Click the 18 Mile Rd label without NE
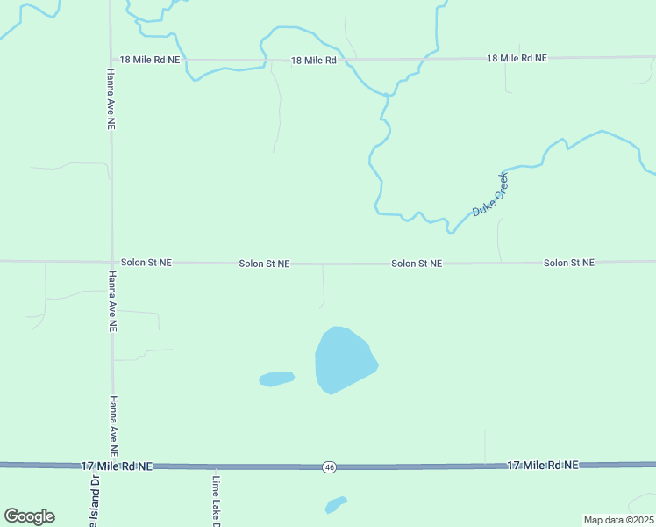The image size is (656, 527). click(314, 61)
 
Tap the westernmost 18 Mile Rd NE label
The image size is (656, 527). click(151, 60)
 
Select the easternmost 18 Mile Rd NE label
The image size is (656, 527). click(517, 58)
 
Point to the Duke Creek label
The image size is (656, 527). click(490, 195)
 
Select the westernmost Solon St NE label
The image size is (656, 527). click(146, 263)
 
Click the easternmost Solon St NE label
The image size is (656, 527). click(568, 263)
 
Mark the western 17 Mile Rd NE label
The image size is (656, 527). click(117, 466)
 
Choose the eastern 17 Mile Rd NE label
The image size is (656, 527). click(542, 464)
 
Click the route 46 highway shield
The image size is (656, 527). click(328, 466)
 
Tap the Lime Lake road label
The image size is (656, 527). click(216, 502)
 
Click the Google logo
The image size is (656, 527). click(29, 516)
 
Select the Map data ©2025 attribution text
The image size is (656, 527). click(618, 520)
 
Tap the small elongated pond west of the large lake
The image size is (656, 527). click(276, 379)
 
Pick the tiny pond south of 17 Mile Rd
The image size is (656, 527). click(336, 505)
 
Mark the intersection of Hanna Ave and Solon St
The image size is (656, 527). click(111, 262)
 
